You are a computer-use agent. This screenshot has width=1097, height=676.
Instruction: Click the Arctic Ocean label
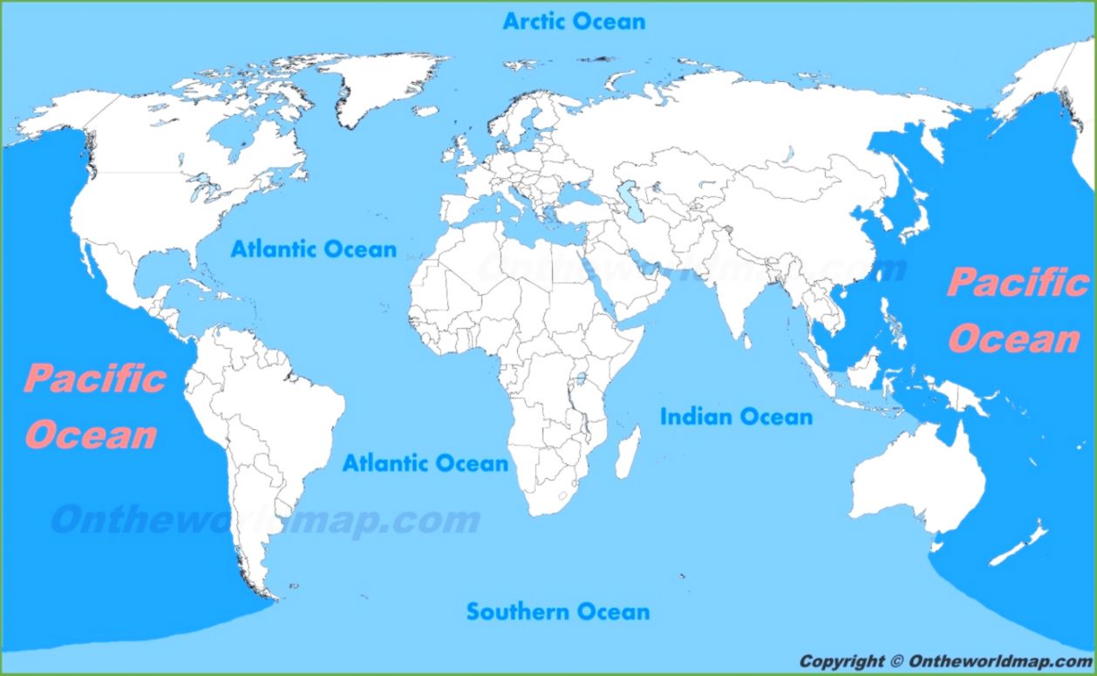pyautogui.click(x=574, y=21)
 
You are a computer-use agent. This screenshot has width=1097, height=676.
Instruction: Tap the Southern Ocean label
pyautogui.click(x=557, y=611)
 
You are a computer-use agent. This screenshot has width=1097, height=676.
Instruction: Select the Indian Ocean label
pyautogui.click(x=736, y=417)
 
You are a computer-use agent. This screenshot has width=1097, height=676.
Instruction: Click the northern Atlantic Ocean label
pyautogui.click(x=313, y=249)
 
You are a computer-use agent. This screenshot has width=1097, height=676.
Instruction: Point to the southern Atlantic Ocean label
pyautogui.click(x=425, y=462)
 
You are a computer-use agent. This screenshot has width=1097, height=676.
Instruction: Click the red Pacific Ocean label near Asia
pyautogui.click(x=1016, y=311)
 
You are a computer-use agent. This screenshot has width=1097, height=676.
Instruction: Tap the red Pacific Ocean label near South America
pyautogui.click(x=93, y=406)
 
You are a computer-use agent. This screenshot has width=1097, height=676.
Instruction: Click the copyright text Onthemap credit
pyautogui.click(x=945, y=661)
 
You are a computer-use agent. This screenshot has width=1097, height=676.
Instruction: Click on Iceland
pyautogui.click(x=426, y=111)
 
